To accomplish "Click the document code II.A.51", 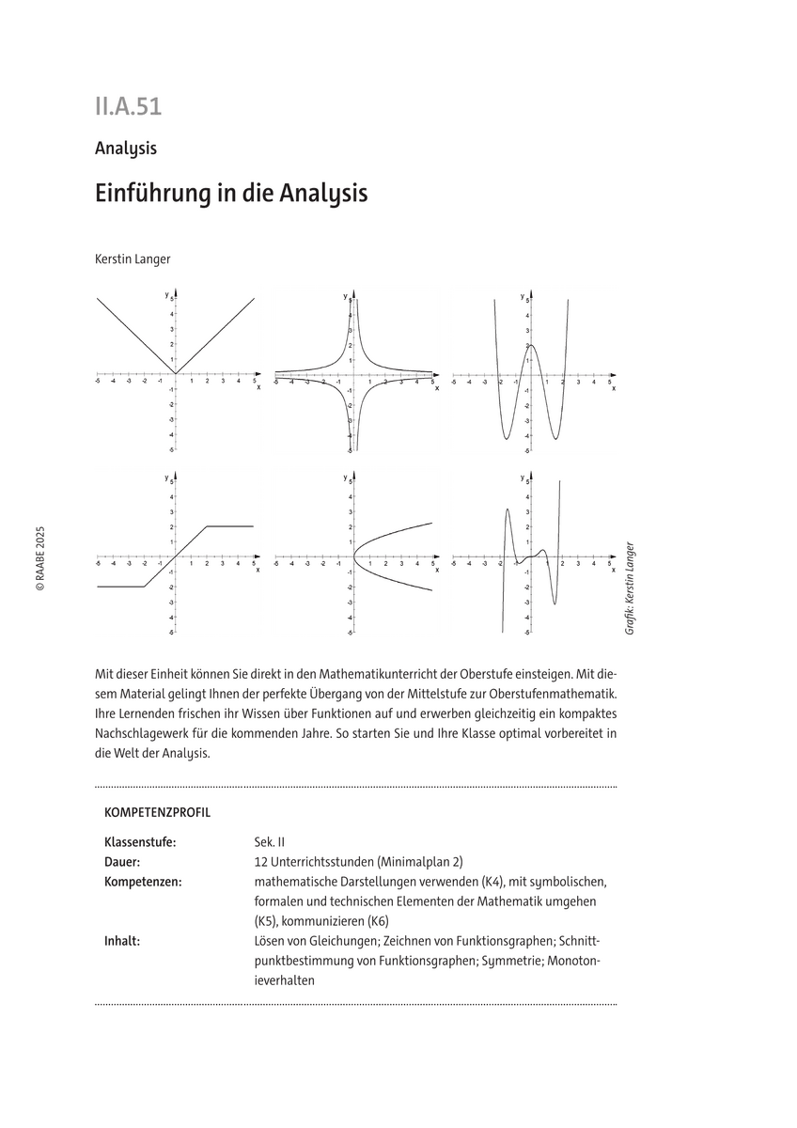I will click(x=128, y=106).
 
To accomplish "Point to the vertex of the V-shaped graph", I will click(x=175, y=374).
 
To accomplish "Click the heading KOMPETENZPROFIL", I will click(x=158, y=809).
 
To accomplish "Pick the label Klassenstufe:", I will click(x=140, y=842).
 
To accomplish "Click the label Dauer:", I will click(x=123, y=862).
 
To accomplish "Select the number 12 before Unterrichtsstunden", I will click(x=261, y=862).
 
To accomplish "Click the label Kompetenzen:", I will click(x=143, y=882).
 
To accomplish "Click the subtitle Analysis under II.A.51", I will click(x=125, y=148).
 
